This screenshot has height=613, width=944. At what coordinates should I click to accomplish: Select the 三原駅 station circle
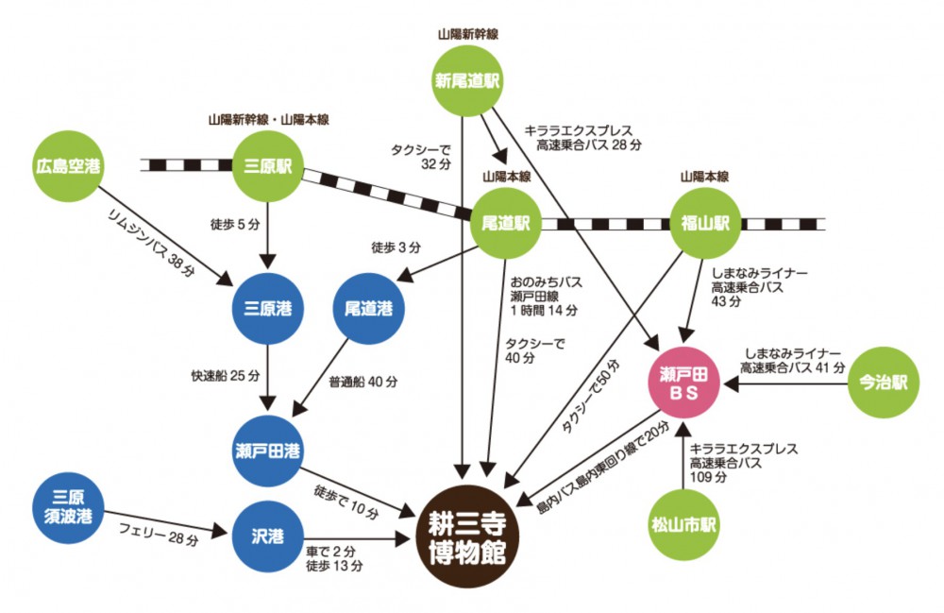click(x=269, y=166)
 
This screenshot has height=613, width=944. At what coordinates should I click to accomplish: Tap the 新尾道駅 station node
click(x=467, y=80)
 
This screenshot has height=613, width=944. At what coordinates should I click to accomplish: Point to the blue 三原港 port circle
click(x=269, y=310)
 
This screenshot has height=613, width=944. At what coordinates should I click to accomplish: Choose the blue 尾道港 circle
click(x=369, y=310)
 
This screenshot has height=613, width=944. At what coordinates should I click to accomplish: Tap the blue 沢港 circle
click(x=269, y=536)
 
